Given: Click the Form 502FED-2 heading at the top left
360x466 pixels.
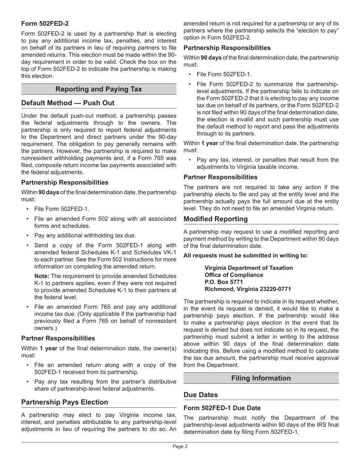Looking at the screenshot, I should (x=45, y=23).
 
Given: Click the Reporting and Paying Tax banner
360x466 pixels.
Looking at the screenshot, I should (x=99, y=89).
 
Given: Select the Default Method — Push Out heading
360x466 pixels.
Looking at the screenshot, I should (x=68, y=103).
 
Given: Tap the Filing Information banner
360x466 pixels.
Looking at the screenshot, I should (x=261, y=378).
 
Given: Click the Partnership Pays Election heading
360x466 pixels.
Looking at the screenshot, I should (x=64, y=402).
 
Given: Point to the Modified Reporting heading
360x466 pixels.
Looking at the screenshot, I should (x=215, y=219).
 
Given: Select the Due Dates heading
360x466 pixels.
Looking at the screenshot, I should (x=200, y=395).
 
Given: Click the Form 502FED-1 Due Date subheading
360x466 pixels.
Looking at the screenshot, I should (x=222, y=408).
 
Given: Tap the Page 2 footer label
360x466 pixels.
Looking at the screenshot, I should (x=180, y=446).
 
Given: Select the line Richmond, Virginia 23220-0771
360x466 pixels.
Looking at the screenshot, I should (x=247, y=289).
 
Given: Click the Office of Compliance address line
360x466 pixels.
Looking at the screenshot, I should (x=234, y=275).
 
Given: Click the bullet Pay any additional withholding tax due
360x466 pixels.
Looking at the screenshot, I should (x=85, y=235).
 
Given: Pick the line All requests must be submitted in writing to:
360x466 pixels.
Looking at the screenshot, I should (x=246, y=255).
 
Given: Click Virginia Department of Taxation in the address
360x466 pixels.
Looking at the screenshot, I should (x=249, y=268).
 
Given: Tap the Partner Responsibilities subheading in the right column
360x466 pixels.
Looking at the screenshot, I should (x=220, y=177).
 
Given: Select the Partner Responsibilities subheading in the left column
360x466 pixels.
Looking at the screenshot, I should (x=58, y=338).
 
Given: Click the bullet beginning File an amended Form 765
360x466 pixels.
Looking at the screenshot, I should (x=105, y=314).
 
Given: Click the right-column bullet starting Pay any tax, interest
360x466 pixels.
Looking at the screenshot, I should (x=267, y=163).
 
